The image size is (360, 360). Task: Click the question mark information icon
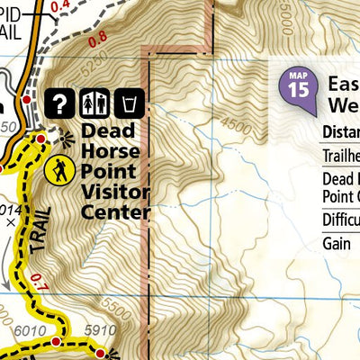point(59,103)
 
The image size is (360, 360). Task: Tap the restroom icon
point(94,103)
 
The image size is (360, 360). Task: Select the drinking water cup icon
point(131,103)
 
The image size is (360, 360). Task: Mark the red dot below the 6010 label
point(57,343)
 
